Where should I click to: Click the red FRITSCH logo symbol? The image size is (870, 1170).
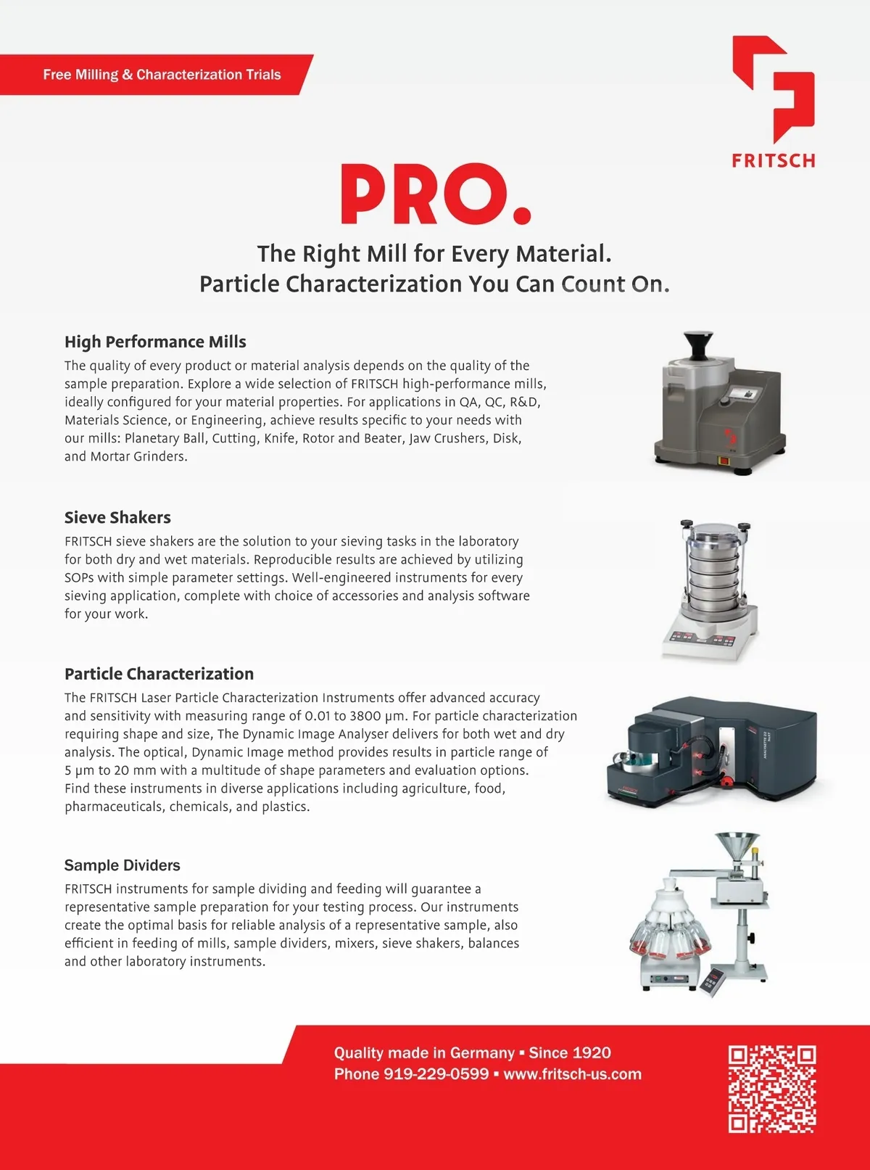pyautogui.click(x=773, y=88)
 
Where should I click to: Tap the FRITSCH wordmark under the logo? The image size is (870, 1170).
pyautogui.click(x=773, y=160)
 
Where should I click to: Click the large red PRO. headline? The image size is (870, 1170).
pyautogui.click(x=435, y=194)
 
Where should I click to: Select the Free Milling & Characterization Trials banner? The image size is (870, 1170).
pyautogui.click(x=162, y=75)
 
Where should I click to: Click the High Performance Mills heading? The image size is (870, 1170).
pyautogui.click(x=155, y=342)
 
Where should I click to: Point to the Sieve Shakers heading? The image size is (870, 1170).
pyautogui.click(x=117, y=517)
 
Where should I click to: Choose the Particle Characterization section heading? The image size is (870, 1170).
pyautogui.click(x=159, y=674)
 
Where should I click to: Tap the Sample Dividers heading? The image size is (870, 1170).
pyautogui.click(x=122, y=865)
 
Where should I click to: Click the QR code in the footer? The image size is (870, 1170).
pyautogui.click(x=772, y=1089)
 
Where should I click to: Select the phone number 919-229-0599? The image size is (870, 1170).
pyautogui.click(x=436, y=1074)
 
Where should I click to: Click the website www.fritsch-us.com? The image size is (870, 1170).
pyautogui.click(x=572, y=1074)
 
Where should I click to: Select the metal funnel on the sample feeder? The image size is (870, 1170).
pyautogui.click(x=737, y=849)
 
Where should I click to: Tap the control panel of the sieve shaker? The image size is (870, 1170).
pyautogui.click(x=703, y=638)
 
